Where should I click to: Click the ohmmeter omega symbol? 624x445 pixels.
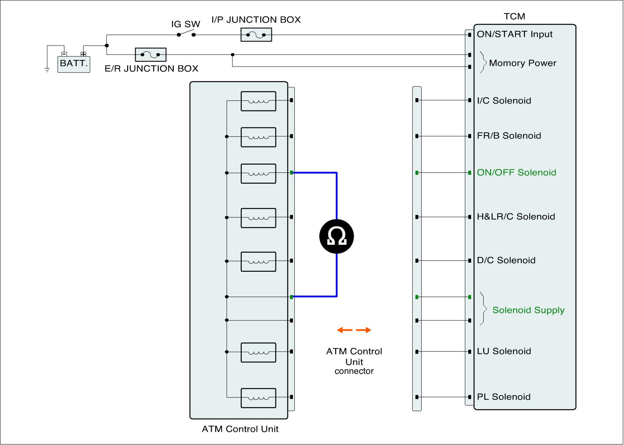coord(337,236)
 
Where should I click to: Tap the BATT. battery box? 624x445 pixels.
coord(74,63)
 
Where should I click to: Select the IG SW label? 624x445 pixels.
coord(186,24)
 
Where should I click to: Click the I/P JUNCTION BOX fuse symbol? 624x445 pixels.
coord(256,35)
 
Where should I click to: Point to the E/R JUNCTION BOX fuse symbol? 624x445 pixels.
coord(151,55)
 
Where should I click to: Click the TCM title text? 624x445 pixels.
coord(514,16)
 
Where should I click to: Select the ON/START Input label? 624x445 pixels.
coord(514,34)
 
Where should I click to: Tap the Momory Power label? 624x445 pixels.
coord(522,63)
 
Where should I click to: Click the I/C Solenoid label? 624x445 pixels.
coord(504,101)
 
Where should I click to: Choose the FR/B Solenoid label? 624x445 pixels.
coord(509,136)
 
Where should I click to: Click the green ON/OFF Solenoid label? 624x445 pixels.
coord(516,172)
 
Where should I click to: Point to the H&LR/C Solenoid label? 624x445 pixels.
coord(516,217)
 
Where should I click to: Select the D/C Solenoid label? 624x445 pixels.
coord(506,260)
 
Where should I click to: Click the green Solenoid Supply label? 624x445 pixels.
coord(528,310)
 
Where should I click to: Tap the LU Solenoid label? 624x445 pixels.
coord(504,351)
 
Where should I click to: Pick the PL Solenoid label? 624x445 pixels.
coord(503,397)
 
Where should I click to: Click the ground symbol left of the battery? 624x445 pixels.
coord(47,70)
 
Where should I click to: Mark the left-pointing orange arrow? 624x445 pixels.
coord(344,330)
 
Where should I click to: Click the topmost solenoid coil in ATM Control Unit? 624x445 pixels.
coord(259,101)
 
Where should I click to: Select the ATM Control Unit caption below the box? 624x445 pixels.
coord(240,429)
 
